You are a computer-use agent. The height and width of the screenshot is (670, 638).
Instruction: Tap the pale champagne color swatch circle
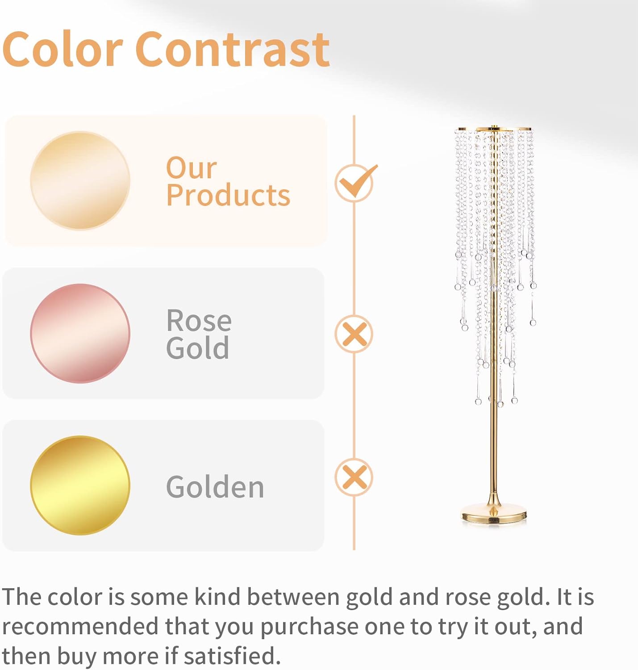(x=80, y=180)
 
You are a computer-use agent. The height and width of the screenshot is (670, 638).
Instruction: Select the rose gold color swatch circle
(x=80, y=333)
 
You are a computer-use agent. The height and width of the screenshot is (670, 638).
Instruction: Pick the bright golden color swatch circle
(x=80, y=485)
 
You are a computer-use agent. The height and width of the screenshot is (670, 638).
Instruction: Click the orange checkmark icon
(x=356, y=182)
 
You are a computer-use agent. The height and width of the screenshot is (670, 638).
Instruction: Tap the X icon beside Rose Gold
(x=354, y=334)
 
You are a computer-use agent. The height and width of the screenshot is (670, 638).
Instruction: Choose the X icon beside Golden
(x=354, y=477)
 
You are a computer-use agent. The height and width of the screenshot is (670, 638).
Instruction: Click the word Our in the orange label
(x=192, y=168)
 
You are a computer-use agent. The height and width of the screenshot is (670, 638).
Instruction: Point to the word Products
(x=228, y=195)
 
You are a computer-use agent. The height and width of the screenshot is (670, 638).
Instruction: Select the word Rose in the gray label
(x=199, y=321)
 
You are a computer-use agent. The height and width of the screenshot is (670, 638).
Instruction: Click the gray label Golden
(x=215, y=487)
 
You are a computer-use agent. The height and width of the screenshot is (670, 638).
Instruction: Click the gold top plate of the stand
(x=495, y=130)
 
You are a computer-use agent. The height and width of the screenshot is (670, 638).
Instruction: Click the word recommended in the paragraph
(x=80, y=626)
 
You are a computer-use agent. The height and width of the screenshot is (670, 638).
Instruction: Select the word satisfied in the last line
(x=233, y=656)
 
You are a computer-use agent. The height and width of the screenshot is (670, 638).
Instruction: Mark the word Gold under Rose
(x=198, y=348)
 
